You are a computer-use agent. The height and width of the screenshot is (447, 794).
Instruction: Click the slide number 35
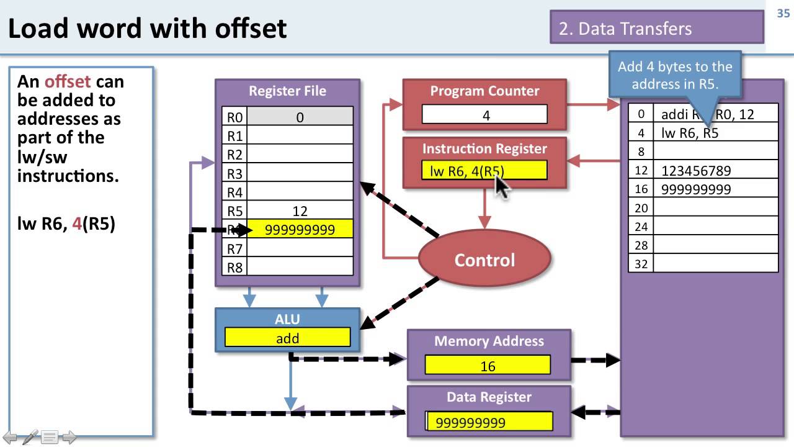783,14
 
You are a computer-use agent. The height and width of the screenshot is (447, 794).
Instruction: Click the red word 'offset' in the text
68,81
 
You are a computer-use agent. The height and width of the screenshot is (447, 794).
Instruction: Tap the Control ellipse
484,260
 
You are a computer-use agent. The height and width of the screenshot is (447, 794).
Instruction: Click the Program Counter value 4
485,115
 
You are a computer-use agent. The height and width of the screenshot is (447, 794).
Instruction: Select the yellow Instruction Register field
484,171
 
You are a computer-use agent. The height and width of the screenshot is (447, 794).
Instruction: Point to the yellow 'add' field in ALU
287,338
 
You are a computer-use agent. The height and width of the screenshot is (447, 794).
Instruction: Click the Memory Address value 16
488,366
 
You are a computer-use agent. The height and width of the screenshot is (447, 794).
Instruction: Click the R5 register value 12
300,211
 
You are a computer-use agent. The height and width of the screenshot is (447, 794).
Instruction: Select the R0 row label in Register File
234,117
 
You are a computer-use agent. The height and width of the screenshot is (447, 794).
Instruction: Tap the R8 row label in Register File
234,268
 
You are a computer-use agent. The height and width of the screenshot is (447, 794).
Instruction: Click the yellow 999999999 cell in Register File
300,230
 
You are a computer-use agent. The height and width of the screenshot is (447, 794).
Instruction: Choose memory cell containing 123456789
715,171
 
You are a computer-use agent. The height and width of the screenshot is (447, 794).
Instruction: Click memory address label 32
641,263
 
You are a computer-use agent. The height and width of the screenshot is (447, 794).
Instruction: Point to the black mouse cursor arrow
501,185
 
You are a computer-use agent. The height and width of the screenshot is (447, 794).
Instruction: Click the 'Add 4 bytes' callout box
675,74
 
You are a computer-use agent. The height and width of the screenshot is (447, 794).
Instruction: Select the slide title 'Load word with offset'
148,29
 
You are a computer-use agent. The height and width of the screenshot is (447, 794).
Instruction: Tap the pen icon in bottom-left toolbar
30,437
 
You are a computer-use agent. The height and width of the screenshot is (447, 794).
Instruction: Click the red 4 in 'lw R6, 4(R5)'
76,223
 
